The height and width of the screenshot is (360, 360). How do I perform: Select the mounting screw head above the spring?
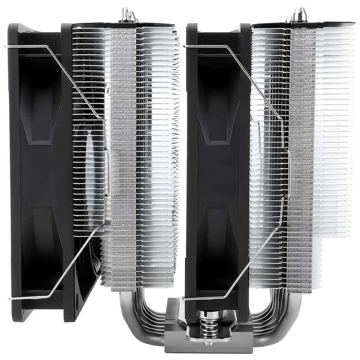208,314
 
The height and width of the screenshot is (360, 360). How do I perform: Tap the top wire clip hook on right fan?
187,46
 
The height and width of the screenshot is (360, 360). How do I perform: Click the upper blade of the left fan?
43,109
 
